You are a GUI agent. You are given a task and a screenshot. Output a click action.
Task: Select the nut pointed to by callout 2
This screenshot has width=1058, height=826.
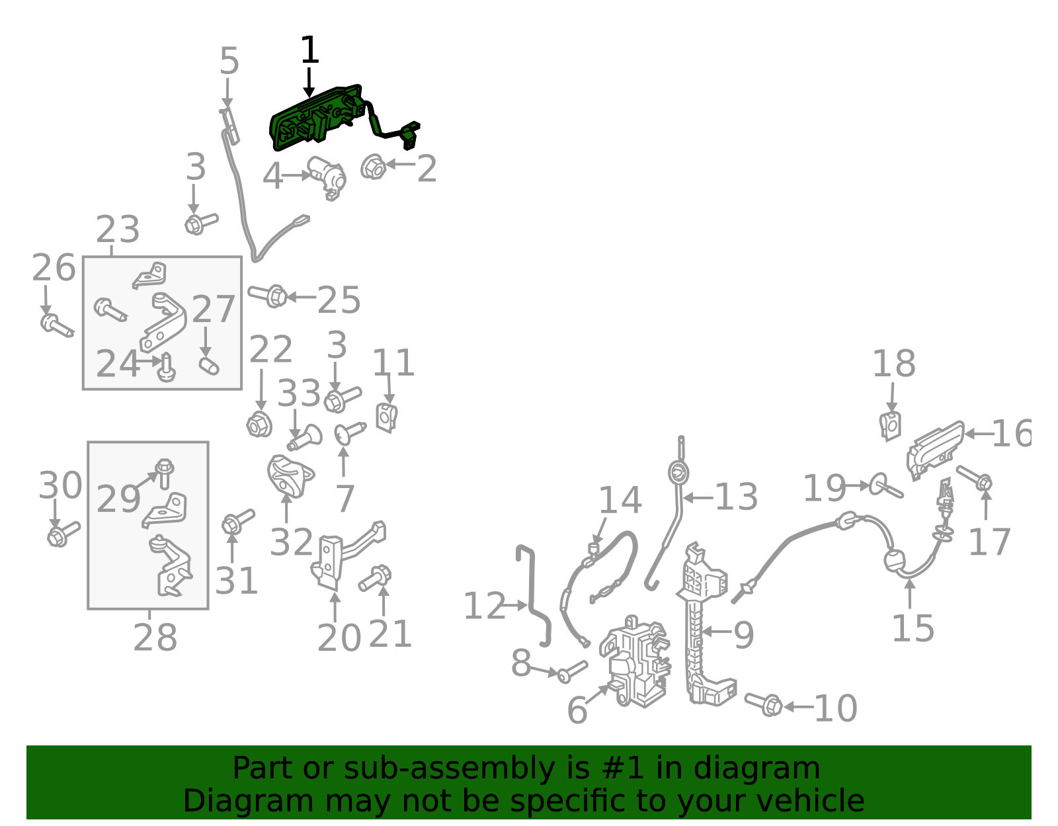click(374, 167)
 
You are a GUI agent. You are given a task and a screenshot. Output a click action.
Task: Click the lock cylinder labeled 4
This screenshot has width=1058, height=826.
click(327, 177)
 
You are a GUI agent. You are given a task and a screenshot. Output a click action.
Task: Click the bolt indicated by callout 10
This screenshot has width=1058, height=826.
click(764, 704)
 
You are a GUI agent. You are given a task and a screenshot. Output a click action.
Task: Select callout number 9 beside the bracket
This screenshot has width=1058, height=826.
click(744, 635)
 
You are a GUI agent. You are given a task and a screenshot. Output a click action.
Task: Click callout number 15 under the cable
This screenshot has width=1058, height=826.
click(913, 628)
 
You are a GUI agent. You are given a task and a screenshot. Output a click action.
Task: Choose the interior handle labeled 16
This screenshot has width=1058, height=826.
click(935, 450)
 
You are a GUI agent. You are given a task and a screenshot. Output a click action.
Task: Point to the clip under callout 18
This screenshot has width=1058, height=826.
click(891, 427)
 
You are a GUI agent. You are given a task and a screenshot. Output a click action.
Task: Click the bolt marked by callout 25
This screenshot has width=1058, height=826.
click(267, 296)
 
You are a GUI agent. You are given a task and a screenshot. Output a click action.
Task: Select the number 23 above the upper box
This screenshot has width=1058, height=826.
click(118, 229)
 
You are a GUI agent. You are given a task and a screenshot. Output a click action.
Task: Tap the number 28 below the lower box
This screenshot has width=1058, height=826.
click(155, 637)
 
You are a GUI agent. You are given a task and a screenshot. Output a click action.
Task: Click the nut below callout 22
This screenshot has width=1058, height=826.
click(259, 425)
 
